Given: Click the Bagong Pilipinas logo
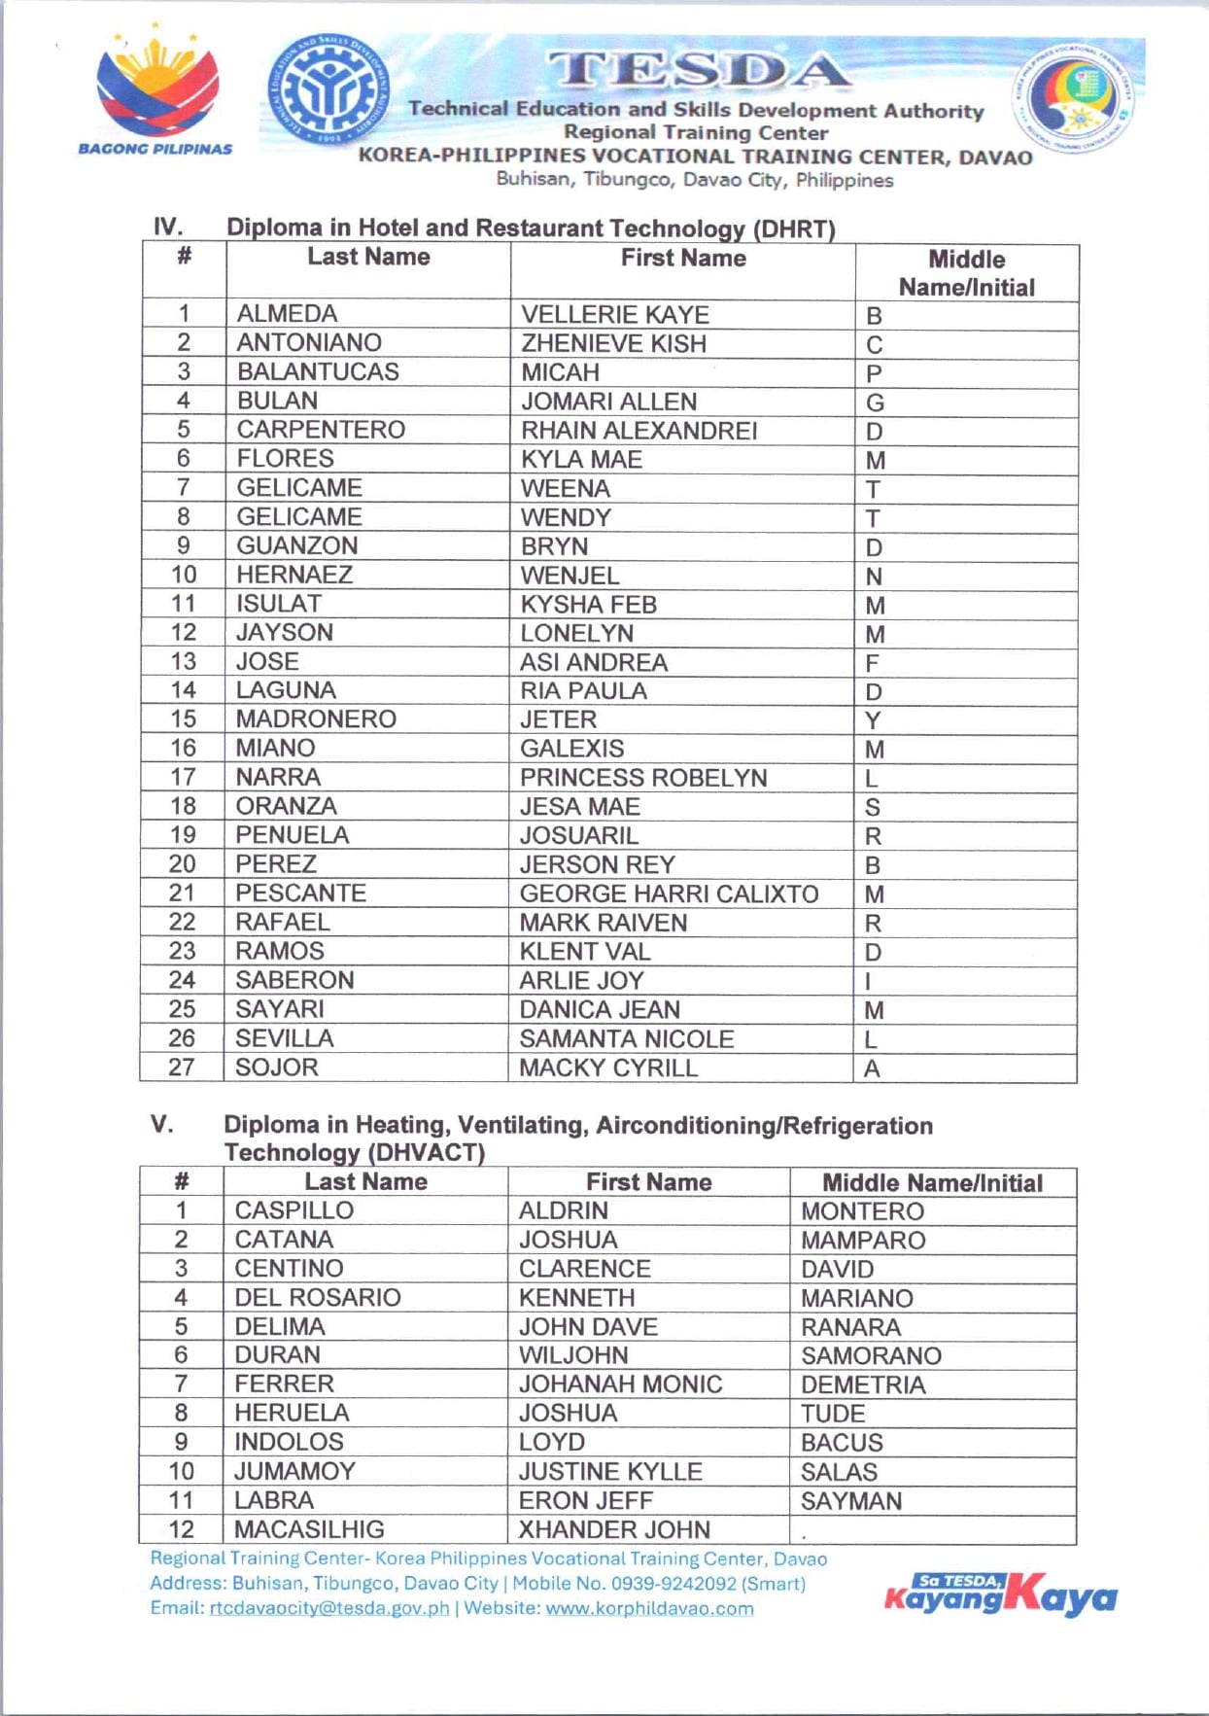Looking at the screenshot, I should point(156,95).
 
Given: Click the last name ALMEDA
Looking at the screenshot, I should point(287,314).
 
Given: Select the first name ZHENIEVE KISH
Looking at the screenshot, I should point(613,343).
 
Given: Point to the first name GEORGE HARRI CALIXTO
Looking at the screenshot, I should point(669,893).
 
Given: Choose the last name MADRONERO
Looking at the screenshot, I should point(316,718).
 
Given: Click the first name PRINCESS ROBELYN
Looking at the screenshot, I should point(643,778).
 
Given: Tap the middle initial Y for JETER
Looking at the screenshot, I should point(873,720).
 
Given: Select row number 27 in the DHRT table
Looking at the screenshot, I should point(182,1067).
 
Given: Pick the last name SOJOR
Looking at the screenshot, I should point(277,1068).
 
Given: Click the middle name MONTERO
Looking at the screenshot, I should point(862,1211).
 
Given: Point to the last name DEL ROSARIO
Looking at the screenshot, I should point(317,1297).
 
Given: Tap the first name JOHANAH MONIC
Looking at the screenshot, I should point(620,1383).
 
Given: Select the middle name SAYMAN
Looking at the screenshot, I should point(850,1500).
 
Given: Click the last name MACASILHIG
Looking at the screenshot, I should point(309,1529).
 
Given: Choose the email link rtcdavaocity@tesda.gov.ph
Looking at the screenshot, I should point(329,1608).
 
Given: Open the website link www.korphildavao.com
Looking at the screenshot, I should point(649,1608).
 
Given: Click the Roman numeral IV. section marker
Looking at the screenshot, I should point(168,228).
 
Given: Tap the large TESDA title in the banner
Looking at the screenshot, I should point(698,70).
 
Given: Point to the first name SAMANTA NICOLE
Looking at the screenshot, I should point(626,1038).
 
